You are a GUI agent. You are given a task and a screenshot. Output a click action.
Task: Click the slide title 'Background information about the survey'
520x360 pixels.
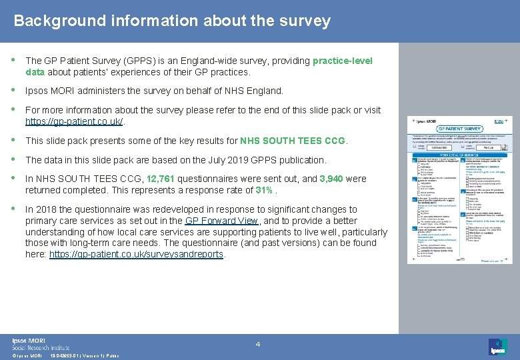(x=172, y=21)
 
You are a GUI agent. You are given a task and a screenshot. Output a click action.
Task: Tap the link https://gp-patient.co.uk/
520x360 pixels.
(x=74, y=121)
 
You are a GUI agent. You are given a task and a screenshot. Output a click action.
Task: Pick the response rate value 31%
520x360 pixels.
(x=263, y=189)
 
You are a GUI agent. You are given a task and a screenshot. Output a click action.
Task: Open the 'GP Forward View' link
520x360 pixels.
(x=222, y=221)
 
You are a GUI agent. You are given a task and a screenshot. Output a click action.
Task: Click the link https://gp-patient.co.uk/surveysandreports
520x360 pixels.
(x=136, y=254)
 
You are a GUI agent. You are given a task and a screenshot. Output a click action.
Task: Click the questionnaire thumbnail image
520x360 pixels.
(x=460, y=190)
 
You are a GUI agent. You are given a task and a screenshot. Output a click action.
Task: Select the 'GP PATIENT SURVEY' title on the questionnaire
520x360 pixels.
(x=460, y=129)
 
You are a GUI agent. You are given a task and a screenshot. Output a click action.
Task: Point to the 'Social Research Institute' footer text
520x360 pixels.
(x=41, y=347)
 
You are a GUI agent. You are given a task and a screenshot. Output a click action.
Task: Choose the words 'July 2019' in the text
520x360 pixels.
(x=192, y=160)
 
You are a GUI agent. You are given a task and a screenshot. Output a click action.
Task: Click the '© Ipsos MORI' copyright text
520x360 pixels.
(x=27, y=356)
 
